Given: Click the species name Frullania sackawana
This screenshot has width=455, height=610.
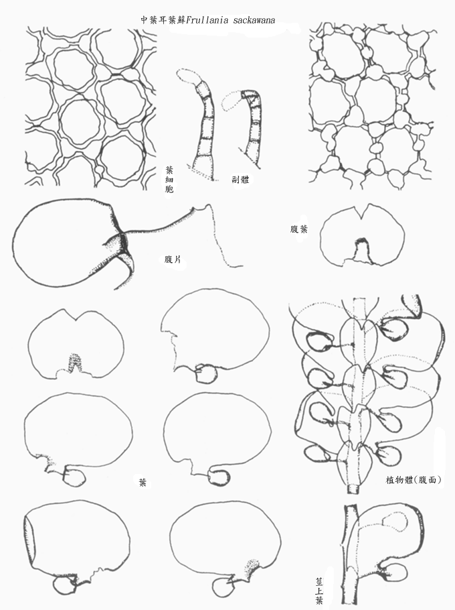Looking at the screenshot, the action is tap(231, 20).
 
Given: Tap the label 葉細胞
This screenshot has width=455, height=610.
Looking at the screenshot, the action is tap(169, 180).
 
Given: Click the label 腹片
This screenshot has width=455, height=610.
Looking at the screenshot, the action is tap(173, 259).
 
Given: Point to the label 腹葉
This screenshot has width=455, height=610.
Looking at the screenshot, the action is tap(299, 229).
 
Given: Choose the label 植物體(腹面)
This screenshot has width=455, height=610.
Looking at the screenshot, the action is tap(413, 480).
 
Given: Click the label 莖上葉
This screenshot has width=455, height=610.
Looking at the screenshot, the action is tap(319, 591).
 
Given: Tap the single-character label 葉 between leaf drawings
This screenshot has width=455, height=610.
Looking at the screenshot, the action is tap(143, 483).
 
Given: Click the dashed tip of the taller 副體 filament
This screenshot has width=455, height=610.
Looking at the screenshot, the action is tap(187, 76).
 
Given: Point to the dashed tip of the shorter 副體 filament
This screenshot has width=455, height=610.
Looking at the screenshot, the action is tap(232, 103).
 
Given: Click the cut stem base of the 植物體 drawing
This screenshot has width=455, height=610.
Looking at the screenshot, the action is tap(353, 488).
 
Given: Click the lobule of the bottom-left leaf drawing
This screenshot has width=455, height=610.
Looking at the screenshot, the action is tap(64, 586).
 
